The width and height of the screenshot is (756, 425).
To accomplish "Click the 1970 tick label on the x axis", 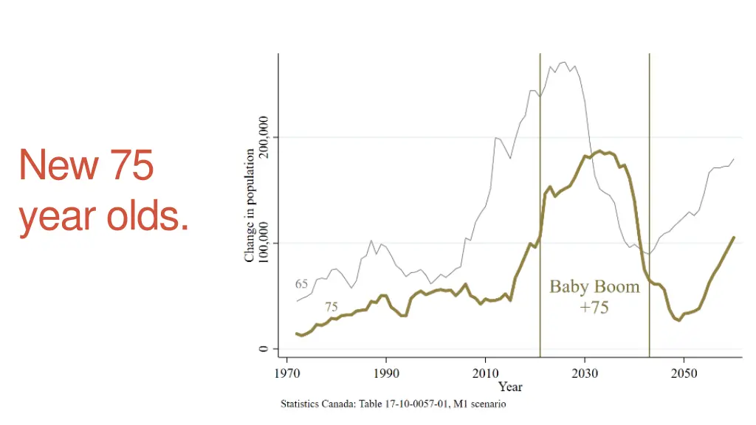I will point(286,373).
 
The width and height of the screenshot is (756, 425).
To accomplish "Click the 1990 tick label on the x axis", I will point(386,373).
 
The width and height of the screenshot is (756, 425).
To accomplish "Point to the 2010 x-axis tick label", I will point(485,373).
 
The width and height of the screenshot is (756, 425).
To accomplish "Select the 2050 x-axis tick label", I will point(684,373).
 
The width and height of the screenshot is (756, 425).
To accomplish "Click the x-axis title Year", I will point(510,387).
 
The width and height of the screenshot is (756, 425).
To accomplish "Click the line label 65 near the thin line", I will point(301,284).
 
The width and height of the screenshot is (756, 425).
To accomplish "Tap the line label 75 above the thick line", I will point(331,306).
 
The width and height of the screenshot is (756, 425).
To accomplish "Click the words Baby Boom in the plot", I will point(594,287).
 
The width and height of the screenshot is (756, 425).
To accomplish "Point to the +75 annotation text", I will point(594,308).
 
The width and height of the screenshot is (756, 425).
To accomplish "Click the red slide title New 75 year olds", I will point(103,190).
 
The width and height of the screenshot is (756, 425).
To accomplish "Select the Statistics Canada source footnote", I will point(393,404).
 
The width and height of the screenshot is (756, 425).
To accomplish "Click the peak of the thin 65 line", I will point(565,63).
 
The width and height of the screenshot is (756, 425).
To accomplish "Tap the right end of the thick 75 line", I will point(734,238).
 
